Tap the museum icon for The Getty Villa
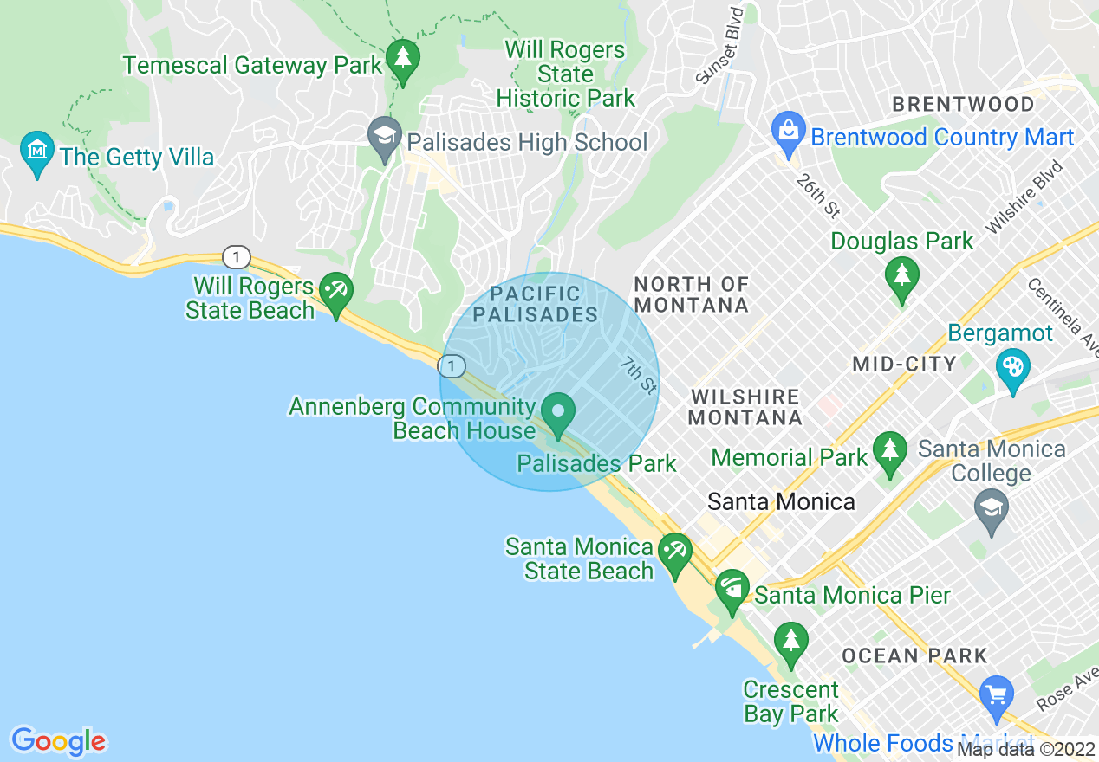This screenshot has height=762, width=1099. coord(36,152)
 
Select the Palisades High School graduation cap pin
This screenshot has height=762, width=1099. coord(384,137)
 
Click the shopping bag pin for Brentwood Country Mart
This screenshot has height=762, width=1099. coord(788,132)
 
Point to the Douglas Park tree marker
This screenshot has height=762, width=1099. coord(901,277)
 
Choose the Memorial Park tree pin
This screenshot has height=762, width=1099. coord(889,451)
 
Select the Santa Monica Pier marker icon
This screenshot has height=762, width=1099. coord(732,591)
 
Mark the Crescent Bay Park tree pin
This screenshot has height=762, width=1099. coord(790,642)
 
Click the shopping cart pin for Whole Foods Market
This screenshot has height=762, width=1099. coord(996,694)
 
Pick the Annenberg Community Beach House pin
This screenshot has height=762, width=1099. coord(559,412)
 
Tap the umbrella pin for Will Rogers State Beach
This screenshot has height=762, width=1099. coord(335,292)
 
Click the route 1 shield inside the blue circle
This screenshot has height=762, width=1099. coord(452,366)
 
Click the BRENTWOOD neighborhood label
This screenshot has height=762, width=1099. coord(963,105)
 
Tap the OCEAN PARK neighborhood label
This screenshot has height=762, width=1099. coord(914,655)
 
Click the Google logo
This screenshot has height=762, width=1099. coord(58,741)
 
